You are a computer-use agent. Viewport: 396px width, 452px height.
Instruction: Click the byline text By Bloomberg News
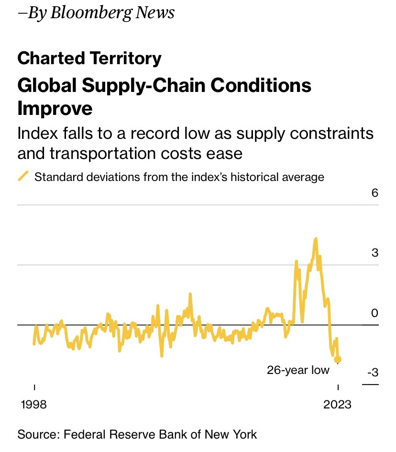click(96, 13)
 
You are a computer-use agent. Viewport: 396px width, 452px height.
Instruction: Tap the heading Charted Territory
click(89, 59)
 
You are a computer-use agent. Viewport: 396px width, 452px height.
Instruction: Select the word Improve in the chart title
click(55, 108)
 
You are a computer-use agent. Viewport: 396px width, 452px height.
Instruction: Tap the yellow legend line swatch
click(23, 176)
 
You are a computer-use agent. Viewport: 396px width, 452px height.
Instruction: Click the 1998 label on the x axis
click(34, 404)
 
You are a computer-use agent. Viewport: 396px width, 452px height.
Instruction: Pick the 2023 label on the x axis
click(337, 404)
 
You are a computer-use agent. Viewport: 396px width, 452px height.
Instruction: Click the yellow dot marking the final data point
click(338, 360)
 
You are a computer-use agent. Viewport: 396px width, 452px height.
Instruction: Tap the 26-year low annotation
click(298, 370)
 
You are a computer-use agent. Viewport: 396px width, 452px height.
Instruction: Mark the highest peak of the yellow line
click(316, 238)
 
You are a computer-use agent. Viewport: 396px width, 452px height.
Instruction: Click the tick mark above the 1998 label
click(34, 387)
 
